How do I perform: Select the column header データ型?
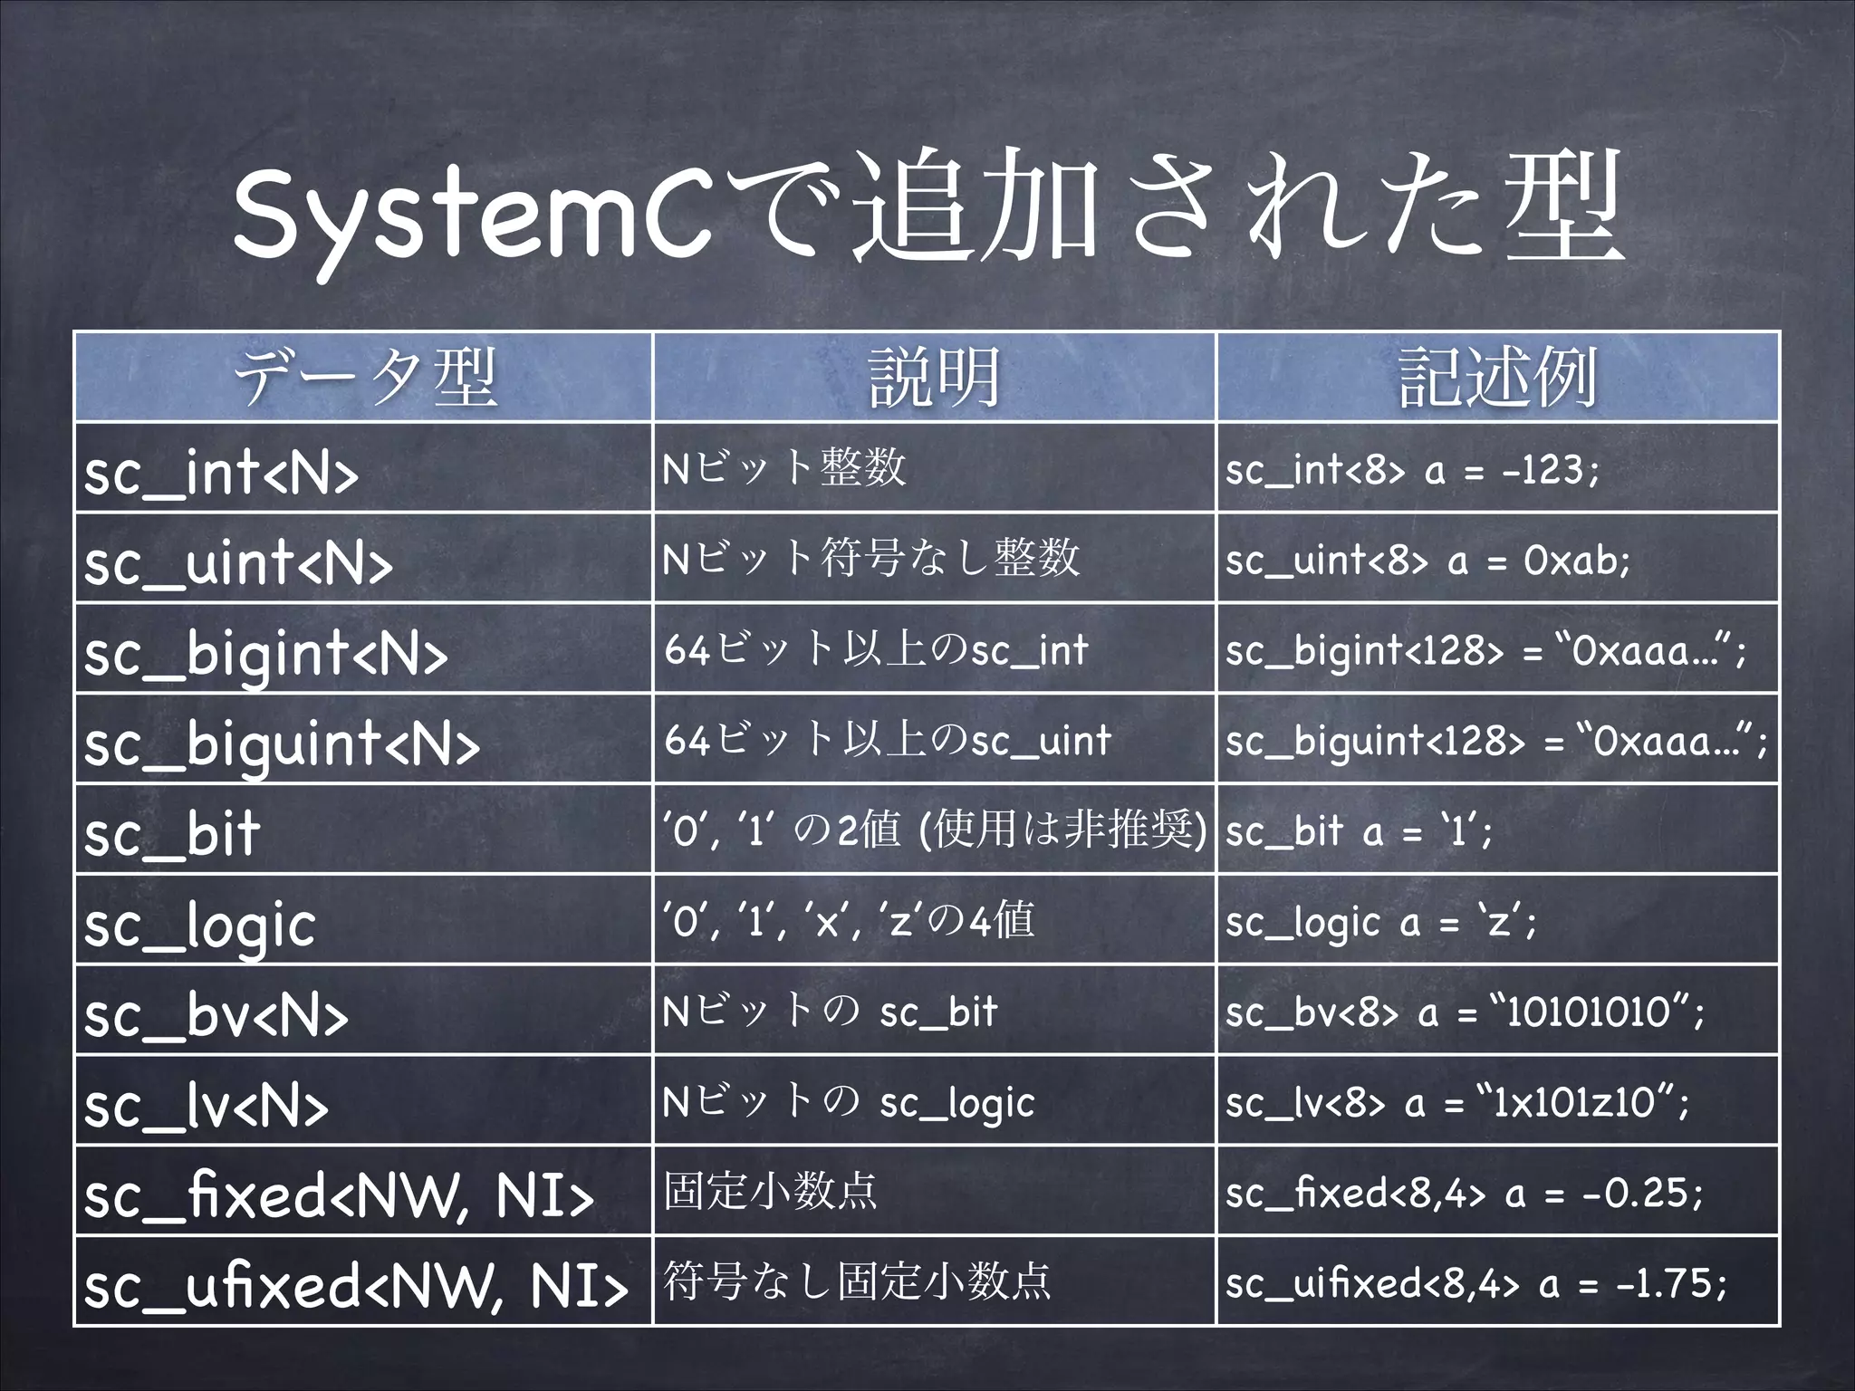click(364, 377)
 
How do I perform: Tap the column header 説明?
click(934, 377)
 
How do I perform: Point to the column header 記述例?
click(1498, 377)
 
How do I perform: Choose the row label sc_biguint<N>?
click(282, 743)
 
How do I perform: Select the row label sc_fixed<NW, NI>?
click(339, 1195)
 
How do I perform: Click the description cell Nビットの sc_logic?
click(848, 1102)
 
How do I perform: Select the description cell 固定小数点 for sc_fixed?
click(771, 1192)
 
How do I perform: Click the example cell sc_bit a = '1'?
click(1359, 830)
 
